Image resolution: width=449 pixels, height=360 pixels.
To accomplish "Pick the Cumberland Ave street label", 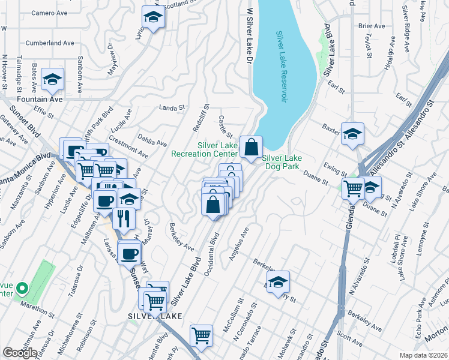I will (x=50, y=43).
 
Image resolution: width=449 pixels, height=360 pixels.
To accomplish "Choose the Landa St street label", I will (x=171, y=108).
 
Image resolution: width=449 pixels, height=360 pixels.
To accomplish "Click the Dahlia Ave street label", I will (x=154, y=140).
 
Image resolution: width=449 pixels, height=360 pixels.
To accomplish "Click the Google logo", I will (x=20, y=353).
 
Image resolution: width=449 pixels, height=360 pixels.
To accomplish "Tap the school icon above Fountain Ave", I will (x=53, y=80).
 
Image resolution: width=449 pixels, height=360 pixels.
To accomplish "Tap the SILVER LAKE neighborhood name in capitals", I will (x=148, y=314).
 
